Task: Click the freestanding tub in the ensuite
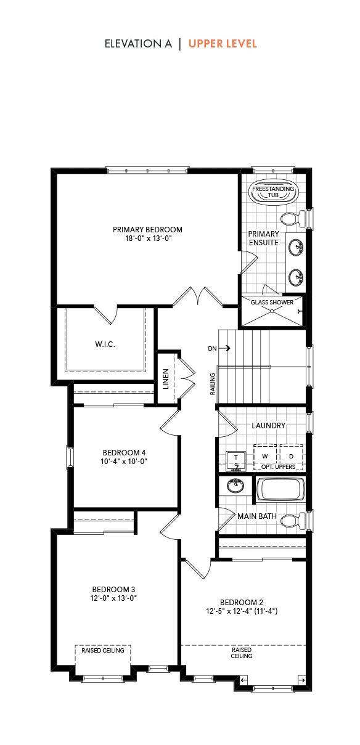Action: (x=273, y=192)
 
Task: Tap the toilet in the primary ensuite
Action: (x=293, y=219)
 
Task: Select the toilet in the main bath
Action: (x=293, y=521)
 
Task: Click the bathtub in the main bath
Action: (x=280, y=489)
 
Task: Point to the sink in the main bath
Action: (x=235, y=486)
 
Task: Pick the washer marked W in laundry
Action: (x=265, y=457)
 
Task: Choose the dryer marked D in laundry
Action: (x=291, y=457)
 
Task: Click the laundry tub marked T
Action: (x=236, y=461)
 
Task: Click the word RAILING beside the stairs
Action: (x=213, y=384)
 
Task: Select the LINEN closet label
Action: (x=166, y=379)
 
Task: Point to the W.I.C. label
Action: (x=105, y=344)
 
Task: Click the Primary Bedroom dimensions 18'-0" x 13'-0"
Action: (x=149, y=238)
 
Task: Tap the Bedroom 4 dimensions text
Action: (x=124, y=462)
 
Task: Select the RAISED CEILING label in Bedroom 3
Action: (x=103, y=650)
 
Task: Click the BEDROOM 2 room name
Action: (x=242, y=602)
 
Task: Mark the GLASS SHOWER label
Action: (x=272, y=303)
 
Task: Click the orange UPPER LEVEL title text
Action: (x=223, y=44)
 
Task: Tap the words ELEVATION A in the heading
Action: (x=138, y=44)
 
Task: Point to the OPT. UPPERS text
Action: (x=278, y=466)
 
